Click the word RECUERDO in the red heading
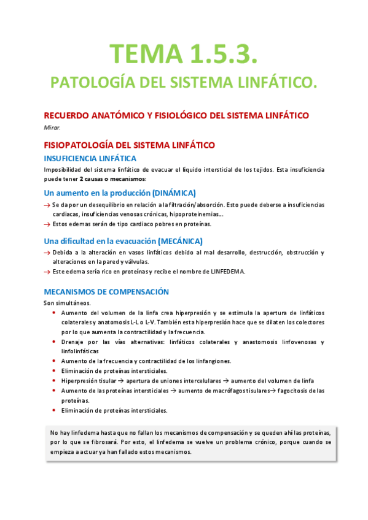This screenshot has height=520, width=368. pyautogui.click(x=68, y=116)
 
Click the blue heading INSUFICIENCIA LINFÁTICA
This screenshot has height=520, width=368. pyautogui.click(x=90, y=158)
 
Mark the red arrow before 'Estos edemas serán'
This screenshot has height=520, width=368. pyautogui.click(x=47, y=224)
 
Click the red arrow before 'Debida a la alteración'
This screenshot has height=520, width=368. pyautogui.click(x=47, y=253)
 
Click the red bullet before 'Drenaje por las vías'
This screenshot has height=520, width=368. pyautogui.click(x=54, y=342)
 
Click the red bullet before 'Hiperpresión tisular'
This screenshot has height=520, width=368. pyautogui.click(x=54, y=381)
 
